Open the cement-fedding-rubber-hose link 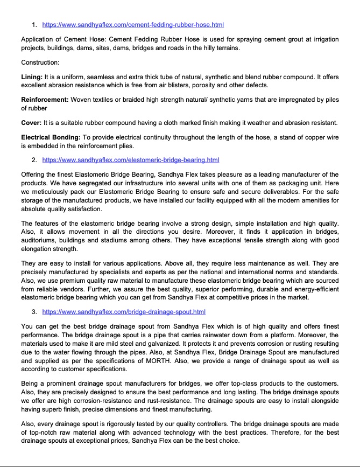tap(132, 25)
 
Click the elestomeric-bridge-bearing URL tap(130, 160)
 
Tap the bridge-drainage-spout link tap(124, 312)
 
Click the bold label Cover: tap(31, 123)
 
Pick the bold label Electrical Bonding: tap(51, 138)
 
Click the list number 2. tap(34, 160)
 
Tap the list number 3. tap(34, 312)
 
